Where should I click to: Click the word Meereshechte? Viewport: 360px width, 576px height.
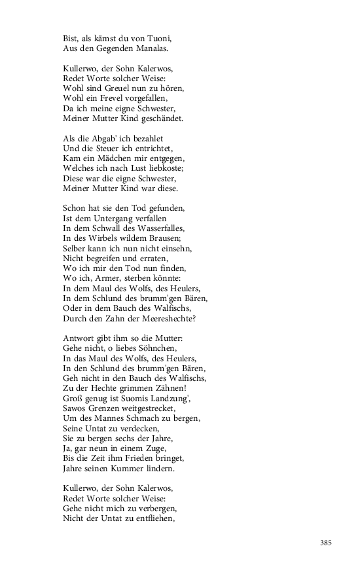pos(183,318)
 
